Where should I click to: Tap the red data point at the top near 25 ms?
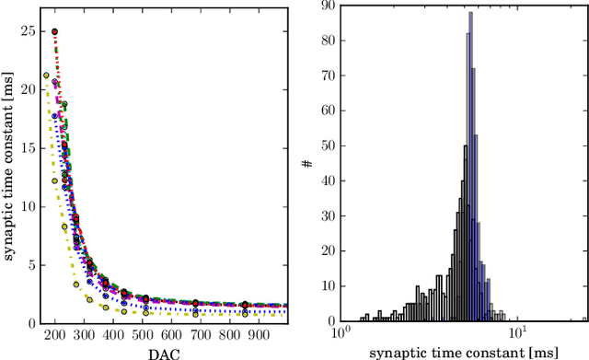pos(54,31)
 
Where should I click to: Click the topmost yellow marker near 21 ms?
pos(46,75)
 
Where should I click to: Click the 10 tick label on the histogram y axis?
pos(327,286)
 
